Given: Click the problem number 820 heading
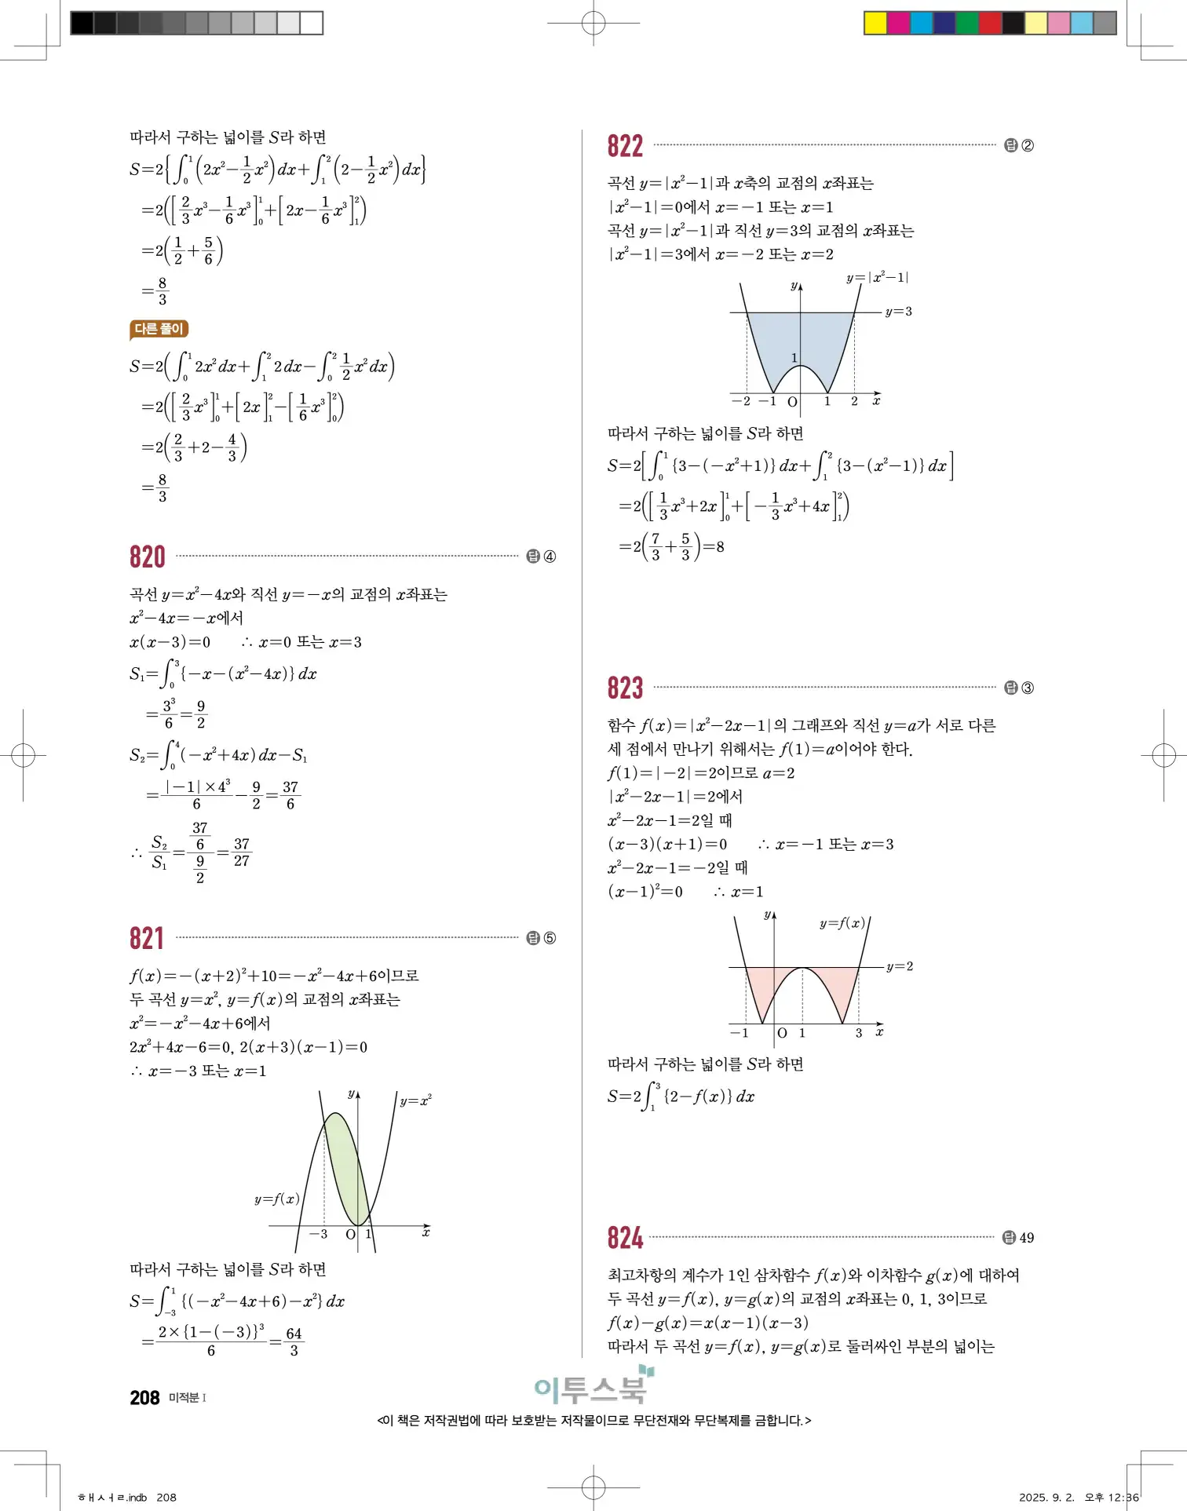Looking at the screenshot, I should click(148, 557).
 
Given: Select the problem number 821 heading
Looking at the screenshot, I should click(148, 939).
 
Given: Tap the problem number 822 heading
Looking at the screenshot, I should click(625, 146).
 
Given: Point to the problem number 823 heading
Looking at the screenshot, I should click(625, 688).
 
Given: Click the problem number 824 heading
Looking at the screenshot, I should click(625, 1238).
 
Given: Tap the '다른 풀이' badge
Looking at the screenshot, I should click(159, 329).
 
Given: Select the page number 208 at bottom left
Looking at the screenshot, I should click(144, 1397).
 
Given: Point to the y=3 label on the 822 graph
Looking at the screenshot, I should click(898, 312).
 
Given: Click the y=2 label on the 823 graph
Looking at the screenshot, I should click(900, 966).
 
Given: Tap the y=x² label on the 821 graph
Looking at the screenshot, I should click(415, 1100).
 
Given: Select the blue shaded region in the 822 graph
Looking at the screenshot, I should click(800, 338).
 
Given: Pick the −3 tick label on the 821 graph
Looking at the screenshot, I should click(319, 1234).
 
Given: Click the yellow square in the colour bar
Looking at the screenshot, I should click(875, 23).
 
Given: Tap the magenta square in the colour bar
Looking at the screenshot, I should click(899, 23).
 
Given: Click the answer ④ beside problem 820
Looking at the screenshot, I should click(550, 557).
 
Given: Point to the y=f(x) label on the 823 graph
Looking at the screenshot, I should click(842, 923).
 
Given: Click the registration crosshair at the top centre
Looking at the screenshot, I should click(593, 23).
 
